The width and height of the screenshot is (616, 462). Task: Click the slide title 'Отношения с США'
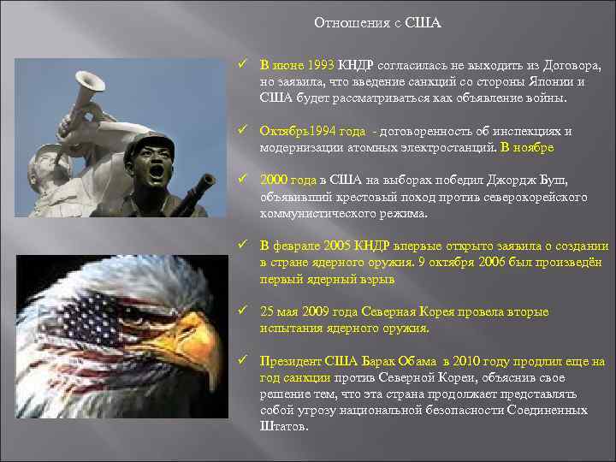(377, 22)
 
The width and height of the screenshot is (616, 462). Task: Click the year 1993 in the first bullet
(319, 65)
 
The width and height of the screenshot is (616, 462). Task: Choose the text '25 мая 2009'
(296, 311)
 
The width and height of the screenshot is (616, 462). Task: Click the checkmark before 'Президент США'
(244, 361)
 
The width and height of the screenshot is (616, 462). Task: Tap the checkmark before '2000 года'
(244, 181)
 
